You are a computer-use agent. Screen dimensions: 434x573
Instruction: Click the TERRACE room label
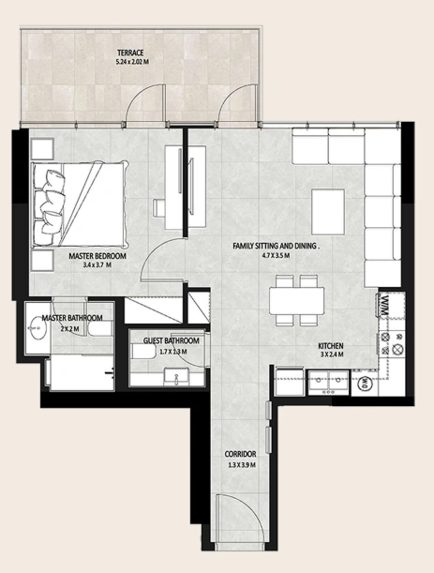130,53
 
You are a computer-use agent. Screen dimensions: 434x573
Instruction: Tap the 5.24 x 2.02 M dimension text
132,62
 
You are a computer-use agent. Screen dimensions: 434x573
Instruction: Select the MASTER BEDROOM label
97,256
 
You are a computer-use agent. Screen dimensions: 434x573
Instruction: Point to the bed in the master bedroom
81,204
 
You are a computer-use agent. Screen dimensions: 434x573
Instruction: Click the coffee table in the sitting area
328,212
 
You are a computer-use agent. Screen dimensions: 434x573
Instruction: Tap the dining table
296,301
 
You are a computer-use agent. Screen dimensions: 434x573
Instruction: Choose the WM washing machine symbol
384,305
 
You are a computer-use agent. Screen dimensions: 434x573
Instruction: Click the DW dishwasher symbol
366,384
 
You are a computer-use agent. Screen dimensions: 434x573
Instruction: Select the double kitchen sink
330,383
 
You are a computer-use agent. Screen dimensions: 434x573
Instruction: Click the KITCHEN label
331,346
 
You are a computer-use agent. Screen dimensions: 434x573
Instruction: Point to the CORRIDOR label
240,454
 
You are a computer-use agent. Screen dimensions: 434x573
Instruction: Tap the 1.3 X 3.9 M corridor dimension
242,465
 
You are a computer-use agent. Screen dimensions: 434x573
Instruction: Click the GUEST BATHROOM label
172,341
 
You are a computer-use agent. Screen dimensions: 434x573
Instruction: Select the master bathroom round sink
37,327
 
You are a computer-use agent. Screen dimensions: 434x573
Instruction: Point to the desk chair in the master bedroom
159,208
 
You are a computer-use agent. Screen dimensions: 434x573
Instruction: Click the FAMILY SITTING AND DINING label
277,247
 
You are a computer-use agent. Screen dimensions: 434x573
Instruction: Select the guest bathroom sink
176,376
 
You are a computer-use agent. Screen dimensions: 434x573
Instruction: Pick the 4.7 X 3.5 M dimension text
276,256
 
